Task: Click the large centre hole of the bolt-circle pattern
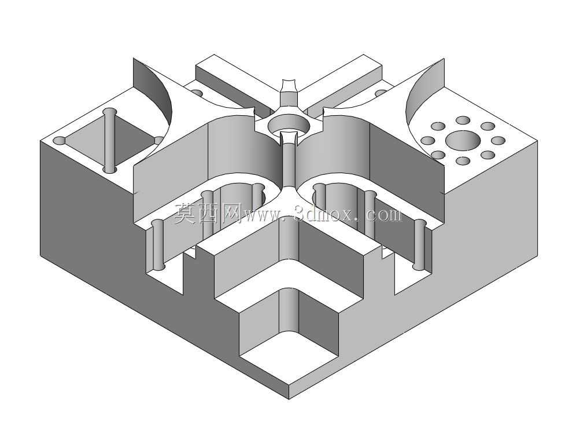pos(463,140)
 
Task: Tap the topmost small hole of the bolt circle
pos(463,120)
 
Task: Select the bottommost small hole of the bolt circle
pos(463,160)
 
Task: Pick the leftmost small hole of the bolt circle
pos(427,141)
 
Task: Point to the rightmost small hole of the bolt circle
pos(498,141)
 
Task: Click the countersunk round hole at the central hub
pos(288,124)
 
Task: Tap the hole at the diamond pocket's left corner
pos(60,141)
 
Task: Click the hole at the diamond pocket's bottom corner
pos(109,170)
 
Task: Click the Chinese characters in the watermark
pos(207,213)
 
